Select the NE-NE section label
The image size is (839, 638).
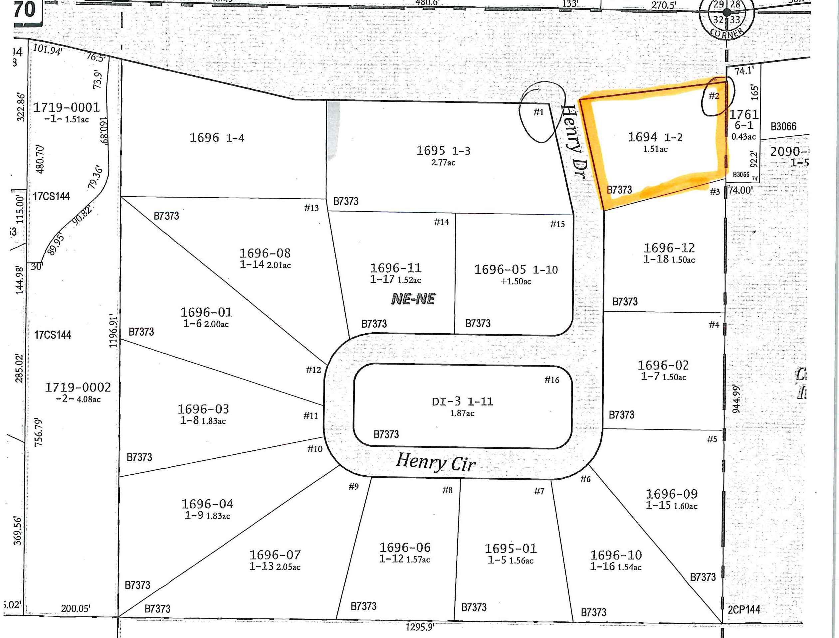413,299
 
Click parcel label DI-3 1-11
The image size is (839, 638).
463,401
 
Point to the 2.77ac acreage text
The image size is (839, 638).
443,163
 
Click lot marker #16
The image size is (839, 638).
552,380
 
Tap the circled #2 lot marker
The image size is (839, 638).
715,96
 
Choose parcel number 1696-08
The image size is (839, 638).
265,253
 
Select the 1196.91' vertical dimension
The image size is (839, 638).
113,331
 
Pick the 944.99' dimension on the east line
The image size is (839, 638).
736,399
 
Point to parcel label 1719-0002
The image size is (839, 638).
78,387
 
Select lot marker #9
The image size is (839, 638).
353,486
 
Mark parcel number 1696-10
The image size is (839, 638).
616,555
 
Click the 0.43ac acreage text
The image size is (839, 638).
743,136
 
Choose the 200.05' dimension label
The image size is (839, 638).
76,608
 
